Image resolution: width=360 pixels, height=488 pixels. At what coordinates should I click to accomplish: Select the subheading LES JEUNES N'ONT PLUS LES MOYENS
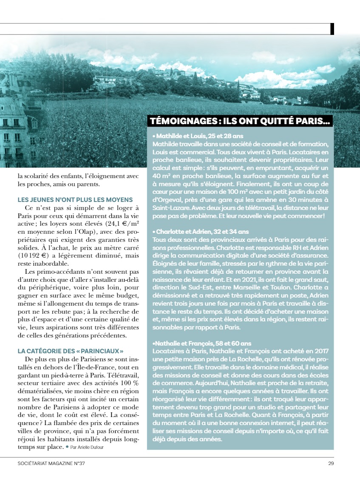pyautogui.click(x=75, y=199)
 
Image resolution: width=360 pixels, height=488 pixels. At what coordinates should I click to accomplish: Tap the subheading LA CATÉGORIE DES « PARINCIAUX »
pyautogui.click(x=71, y=351)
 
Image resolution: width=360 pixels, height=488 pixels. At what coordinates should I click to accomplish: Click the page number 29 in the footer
pyautogui.click(x=331, y=463)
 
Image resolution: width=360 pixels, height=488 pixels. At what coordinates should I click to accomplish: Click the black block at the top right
pyautogui.click(x=332, y=28)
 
